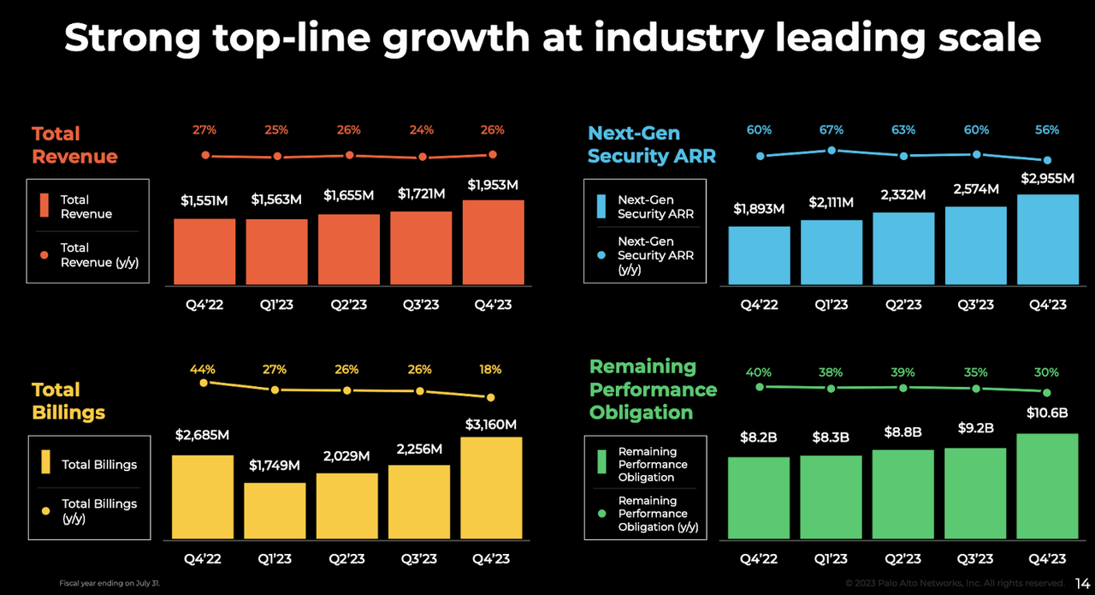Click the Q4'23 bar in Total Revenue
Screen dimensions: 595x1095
(x=493, y=243)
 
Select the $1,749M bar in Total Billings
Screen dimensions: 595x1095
(x=275, y=511)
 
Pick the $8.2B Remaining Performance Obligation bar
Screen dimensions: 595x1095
(x=759, y=497)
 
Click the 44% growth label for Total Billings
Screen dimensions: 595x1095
(x=203, y=369)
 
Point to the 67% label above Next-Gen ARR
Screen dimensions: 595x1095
(x=831, y=130)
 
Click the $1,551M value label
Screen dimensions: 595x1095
(x=204, y=200)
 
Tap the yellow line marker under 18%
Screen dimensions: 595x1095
(x=491, y=397)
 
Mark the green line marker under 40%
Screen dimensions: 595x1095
(x=759, y=387)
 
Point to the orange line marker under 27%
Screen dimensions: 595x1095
(x=204, y=155)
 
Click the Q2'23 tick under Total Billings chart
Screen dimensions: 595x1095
(x=346, y=559)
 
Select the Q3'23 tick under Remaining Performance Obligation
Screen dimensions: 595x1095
(x=975, y=559)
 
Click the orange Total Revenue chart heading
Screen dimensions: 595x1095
(x=74, y=145)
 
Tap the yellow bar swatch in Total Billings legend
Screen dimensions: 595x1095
(x=45, y=464)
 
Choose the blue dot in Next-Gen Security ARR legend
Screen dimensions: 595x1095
(x=601, y=255)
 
